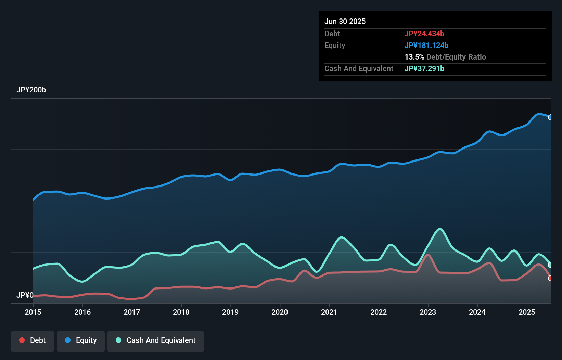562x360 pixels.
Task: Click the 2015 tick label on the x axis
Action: pyautogui.click(x=33, y=312)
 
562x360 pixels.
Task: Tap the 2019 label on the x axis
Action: pyautogui.click(x=230, y=312)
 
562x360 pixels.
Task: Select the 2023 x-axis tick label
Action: pyautogui.click(x=428, y=312)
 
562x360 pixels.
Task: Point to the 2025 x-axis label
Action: pyautogui.click(x=527, y=312)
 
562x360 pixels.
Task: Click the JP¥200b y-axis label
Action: pyautogui.click(x=31, y=90)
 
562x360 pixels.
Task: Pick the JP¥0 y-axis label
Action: pyautogui.click(x=25, y=295)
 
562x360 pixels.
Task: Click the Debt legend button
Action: pyautogui.click(x=33, y=340)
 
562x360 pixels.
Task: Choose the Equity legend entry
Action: pyautogui.click(x=81, y=340)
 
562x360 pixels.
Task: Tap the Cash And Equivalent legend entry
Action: pyautogui.click(x=156, y=340)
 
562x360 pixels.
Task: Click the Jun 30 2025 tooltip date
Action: pyautogui.click(x=345, y=21)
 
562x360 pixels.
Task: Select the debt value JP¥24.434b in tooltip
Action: pyautogui.click(x=424, y=34)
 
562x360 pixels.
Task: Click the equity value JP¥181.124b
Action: pyautogui.click(x=426, y=45)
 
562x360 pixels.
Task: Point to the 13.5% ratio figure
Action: pyautogui.click(x=414, y=57)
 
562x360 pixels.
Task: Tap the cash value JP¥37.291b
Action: pyautogui.click(x=424, y=68)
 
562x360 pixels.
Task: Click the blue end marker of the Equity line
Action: pyautogui.click(x=550, y=117)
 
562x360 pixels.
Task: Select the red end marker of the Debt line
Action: pyautogui.click(x=550, y=278)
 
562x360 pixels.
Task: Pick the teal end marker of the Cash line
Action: pyautogui.click(x=550, y=265)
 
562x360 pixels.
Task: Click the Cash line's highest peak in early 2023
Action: pyautogui.click(x=440, y=229)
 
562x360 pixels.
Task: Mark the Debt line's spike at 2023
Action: pyautogui.click(x=428, y=255)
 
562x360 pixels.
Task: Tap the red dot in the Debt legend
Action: pyautogui.click(x=22, y=340)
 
